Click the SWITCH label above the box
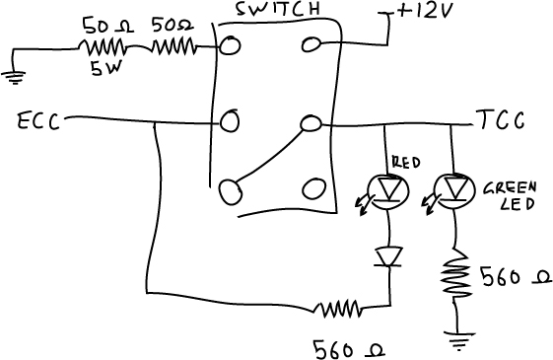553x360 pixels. click(278, 9)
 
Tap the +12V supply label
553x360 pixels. click(424, 12)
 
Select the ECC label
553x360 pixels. click(38, 121)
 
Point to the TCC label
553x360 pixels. click(501, 120)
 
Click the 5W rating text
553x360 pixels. click(105, 68)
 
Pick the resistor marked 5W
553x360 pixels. click(102, 47)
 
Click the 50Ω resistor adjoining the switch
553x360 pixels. click(173, 47)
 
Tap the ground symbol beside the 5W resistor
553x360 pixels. click(14, 77)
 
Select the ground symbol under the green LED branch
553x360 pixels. click(458, 340)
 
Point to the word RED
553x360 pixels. click(406, 163)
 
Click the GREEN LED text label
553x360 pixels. click(510, 196)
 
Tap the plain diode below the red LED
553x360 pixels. click(389, 257)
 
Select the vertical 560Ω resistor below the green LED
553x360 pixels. click(455, 274)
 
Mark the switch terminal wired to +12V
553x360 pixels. click(311, 44)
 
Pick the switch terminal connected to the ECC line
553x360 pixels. click(230, 120)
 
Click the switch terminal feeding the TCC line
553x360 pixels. click(311, 123)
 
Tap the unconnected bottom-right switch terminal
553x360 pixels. click(313, 188)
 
